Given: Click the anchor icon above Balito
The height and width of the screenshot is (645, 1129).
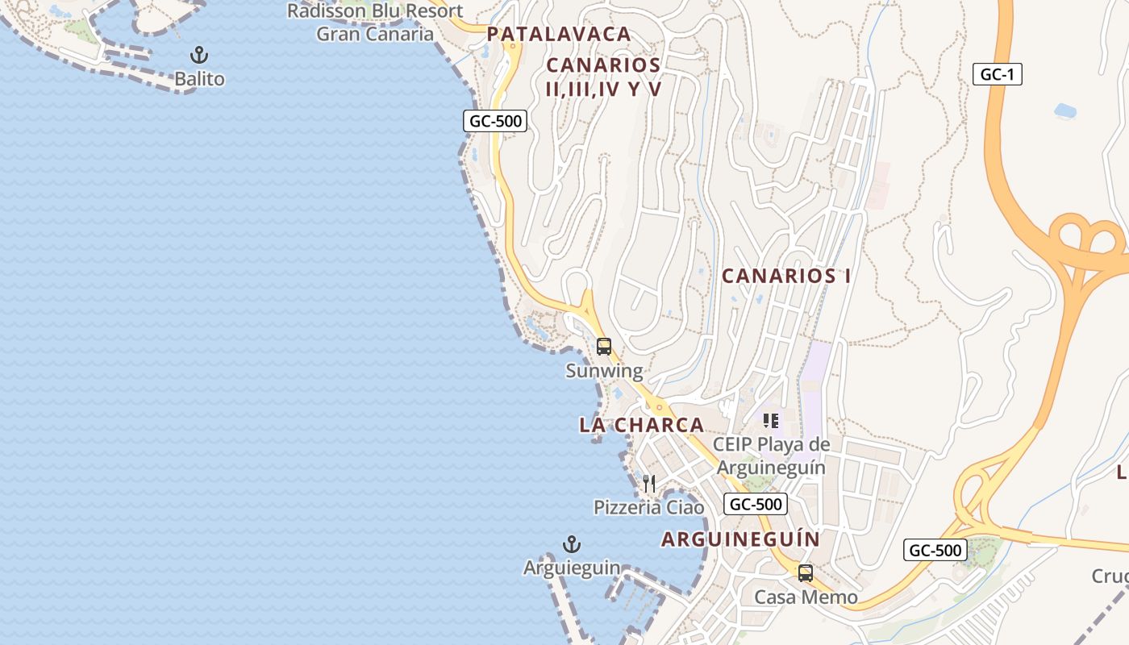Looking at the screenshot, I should (x=198, y=56).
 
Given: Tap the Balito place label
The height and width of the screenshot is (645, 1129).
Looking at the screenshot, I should (x=199, y=79).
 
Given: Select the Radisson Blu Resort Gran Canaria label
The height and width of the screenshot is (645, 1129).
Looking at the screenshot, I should (x=375, y=23).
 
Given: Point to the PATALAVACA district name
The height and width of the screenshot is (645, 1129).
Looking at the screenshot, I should (x=558, y=34).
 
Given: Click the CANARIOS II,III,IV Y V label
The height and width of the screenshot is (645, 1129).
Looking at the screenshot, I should (x=603, y=77).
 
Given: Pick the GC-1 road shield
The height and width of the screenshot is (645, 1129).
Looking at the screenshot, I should (x=998, y=75).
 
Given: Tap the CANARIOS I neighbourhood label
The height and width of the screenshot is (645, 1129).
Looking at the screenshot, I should (x=786, y=276).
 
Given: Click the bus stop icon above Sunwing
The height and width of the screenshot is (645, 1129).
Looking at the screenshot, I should (x=603, y=347).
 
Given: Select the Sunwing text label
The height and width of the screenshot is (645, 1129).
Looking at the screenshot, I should (x=604, y=371).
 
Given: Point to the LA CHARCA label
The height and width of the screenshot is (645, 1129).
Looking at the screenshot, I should (x=641, y=425).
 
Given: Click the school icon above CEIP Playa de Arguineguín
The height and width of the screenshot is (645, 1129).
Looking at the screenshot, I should (x=771, y=421).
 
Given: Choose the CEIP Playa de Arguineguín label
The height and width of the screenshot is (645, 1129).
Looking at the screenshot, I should (x=771, y=456).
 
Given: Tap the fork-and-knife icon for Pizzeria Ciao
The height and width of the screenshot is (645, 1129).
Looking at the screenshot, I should (x=648, y=484).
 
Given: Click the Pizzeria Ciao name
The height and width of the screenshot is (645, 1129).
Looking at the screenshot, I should (x=648, y=507).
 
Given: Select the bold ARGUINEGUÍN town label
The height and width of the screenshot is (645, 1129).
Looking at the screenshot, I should (x=740, y=539).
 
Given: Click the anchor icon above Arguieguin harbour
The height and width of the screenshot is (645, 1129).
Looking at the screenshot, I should (x=572, y=544).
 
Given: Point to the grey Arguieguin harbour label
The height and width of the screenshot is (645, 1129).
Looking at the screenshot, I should (x=572, y=568).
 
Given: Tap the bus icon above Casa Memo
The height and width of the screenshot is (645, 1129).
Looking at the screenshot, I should (x=805, y=573).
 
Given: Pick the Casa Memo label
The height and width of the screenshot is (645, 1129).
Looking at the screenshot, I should (x=806, y=597).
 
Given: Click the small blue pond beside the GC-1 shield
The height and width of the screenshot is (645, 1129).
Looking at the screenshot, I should (x=1065, y=110).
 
